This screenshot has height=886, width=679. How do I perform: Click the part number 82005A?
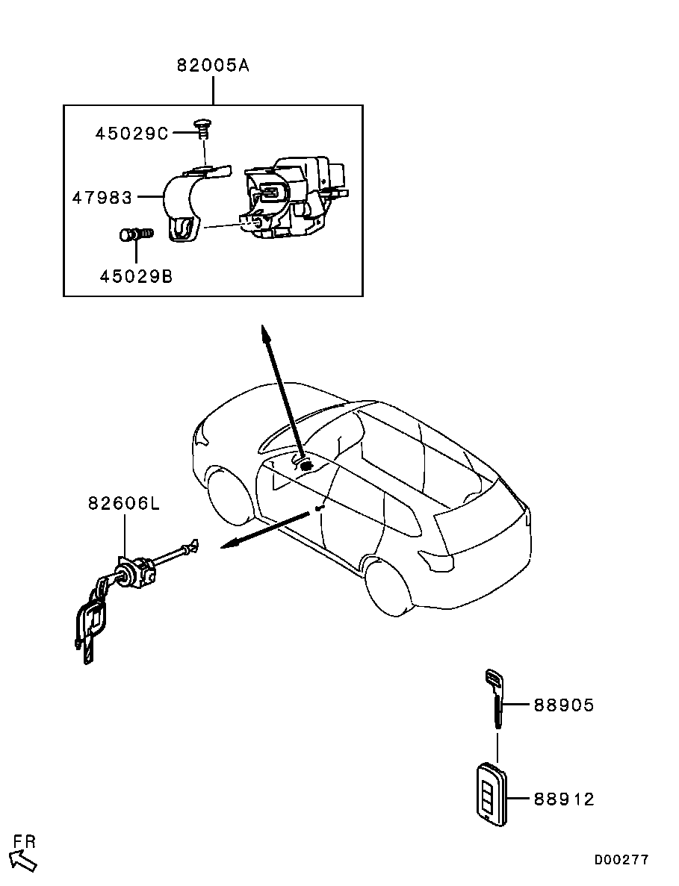[213, 66]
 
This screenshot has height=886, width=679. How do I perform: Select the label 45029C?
[131, 134]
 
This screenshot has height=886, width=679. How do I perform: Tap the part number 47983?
[102, 198]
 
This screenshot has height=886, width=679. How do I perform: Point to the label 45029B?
[136, 276]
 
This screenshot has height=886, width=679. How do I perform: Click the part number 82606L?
[124, 503]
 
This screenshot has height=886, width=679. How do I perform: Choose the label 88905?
[564, 705]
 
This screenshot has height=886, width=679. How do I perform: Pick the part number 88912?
[564, 799]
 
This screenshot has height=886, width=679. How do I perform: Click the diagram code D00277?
[621, 859]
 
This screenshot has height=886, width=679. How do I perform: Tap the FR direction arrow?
[24, 859]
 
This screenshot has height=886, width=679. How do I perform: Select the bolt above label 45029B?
[137, 233]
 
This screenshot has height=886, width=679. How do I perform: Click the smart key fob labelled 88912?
[492, 794]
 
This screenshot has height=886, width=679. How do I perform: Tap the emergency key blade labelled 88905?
[494, 699]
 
